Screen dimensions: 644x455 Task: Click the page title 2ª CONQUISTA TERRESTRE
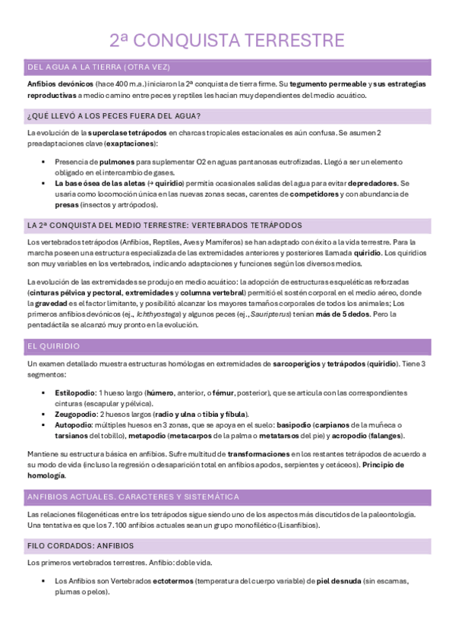click(227, 40)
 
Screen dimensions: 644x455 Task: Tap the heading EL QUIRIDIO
click(53, 346)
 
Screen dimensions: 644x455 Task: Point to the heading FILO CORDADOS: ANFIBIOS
click(80, 546)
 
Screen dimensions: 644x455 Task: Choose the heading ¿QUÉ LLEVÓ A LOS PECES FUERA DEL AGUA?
click(113, 116)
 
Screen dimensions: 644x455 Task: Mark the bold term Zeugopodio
click(77, 415)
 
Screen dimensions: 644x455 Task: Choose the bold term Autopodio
click(75, 425)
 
